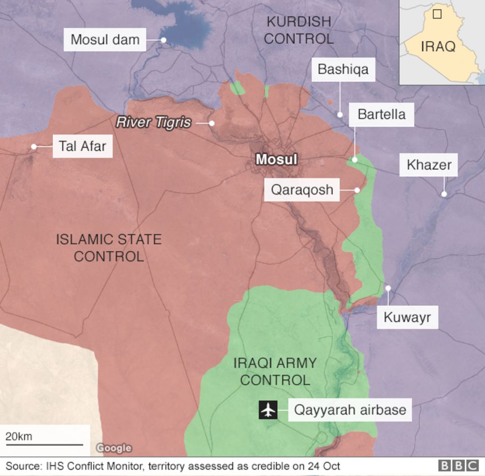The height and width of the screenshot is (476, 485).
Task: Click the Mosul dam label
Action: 105,39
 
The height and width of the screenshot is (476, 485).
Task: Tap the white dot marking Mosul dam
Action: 162,39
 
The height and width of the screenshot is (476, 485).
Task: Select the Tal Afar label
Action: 82,146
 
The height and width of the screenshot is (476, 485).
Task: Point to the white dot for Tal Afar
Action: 34,147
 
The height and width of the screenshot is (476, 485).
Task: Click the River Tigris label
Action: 154,122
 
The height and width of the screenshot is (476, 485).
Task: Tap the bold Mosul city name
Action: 276,160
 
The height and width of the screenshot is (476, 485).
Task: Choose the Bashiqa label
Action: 343,69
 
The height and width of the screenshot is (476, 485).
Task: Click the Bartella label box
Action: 382,114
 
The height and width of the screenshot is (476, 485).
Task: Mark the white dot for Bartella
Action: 355,160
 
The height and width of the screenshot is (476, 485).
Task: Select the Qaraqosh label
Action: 302,190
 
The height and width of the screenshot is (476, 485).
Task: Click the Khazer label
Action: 428,165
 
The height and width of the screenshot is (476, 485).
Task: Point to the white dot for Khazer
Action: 444,194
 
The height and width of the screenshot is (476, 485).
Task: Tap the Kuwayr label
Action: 407,317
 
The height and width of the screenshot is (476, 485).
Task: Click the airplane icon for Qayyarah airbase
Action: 268,410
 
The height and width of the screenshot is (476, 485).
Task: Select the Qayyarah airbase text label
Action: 350,410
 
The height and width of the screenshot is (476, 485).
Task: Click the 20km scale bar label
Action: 19,436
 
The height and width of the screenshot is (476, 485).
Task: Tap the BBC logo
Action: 458,466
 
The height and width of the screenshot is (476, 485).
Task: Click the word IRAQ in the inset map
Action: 438,47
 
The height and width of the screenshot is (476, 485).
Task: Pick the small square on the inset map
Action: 437,14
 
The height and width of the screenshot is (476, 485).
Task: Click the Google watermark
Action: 114,448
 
